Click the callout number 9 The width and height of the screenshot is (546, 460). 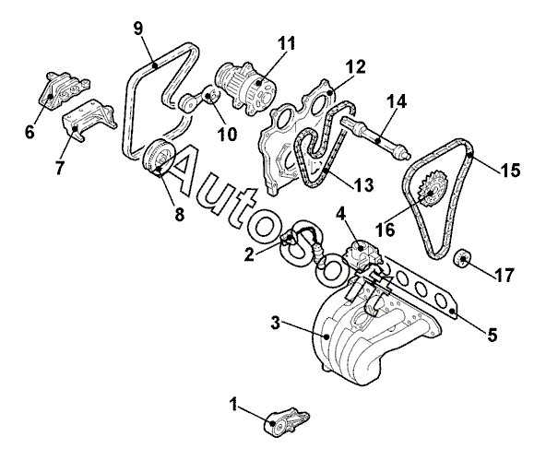click(138, 29)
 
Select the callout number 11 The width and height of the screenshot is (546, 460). click(287, 43)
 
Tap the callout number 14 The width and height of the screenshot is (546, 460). click(397, 102)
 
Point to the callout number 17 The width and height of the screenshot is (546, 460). click(504, 275)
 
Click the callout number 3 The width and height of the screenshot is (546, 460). click(275, 324)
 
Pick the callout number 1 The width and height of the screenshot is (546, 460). click(234, 405)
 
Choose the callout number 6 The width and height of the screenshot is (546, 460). click(30, 132)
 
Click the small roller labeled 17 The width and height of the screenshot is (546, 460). click(463, 259)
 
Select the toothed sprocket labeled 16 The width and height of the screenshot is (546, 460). click(433, 191)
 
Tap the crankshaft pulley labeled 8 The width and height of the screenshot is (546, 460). click(159, 158)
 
